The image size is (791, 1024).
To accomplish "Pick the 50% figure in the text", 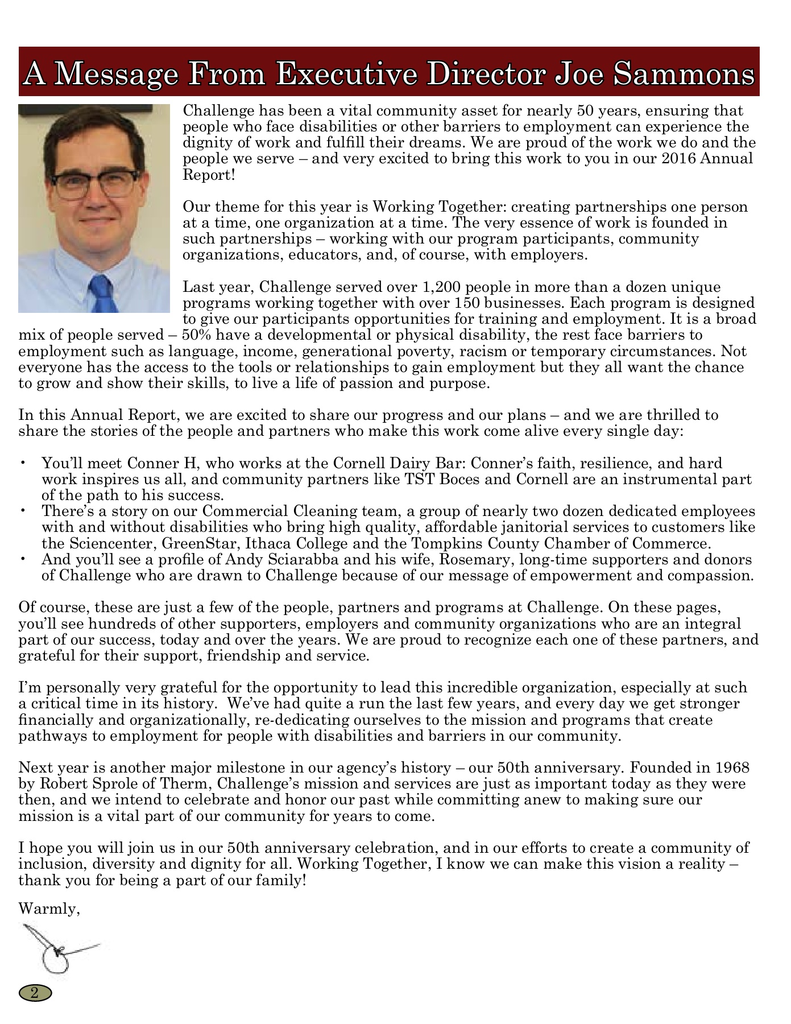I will point(197,335).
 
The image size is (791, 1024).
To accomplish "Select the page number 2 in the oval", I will point(35,994).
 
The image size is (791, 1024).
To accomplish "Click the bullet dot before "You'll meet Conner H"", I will point(23,463).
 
